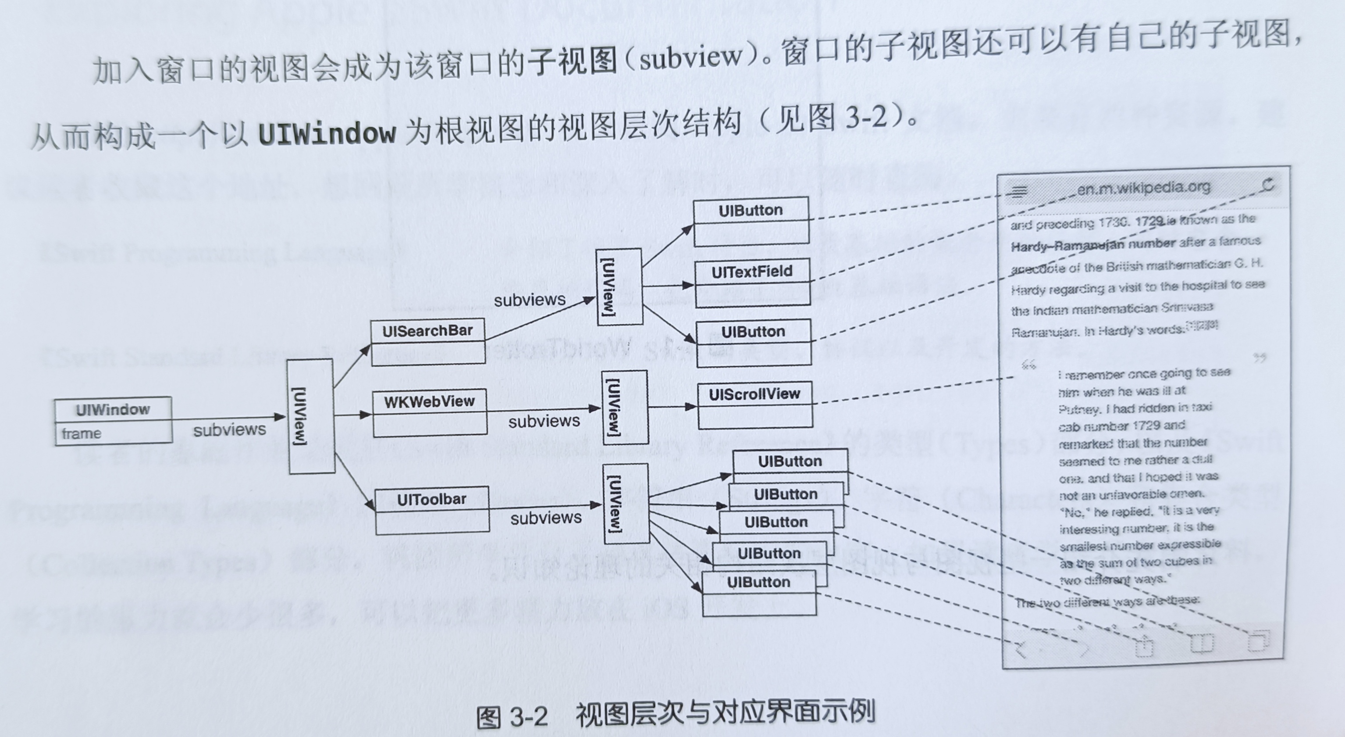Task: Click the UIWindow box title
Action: pos(113,409)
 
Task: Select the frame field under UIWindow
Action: pos(82,433)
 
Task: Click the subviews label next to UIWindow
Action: pos(229,430)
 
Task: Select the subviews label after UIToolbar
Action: pos(546,518)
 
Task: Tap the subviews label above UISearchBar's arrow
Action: pos(530,300)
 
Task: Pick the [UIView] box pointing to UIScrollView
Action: pos(624,408)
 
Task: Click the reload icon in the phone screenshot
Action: pos(1268,185)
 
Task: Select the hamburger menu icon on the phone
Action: pos(1019,192)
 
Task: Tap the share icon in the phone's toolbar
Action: pos(1143,647)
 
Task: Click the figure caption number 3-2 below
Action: pos(527,717)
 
